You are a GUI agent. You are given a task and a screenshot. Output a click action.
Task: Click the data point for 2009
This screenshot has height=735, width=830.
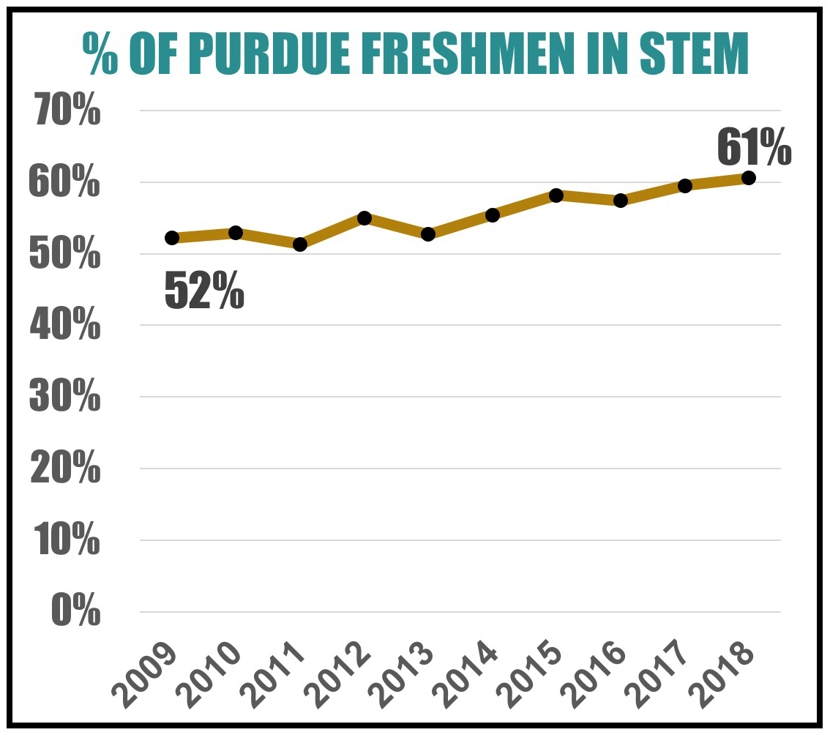(x=172, y=237)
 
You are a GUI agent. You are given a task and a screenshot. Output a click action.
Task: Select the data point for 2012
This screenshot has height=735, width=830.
(x=364, y=218)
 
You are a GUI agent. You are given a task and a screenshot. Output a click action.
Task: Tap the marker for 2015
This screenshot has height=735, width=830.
(x=556, y=195)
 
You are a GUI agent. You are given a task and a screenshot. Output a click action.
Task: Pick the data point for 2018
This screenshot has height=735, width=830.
(x=749, y=178)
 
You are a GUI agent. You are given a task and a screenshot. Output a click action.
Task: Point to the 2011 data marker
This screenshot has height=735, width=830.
(x=300, y=245)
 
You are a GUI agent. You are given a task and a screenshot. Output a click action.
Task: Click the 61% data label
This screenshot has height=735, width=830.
(x=754, y=146)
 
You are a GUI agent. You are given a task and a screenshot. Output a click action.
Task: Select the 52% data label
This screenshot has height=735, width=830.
(x=204, y=290)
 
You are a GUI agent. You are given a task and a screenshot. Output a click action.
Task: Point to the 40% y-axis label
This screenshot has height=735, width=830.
(x=64, y=325)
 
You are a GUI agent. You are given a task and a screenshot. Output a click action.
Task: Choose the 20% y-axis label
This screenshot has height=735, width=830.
(x=64, y=468)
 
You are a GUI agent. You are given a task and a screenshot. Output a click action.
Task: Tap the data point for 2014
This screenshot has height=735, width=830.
(x=493, y=215)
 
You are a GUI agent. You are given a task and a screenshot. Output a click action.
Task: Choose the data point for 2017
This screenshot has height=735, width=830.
(x=685, y=186)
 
